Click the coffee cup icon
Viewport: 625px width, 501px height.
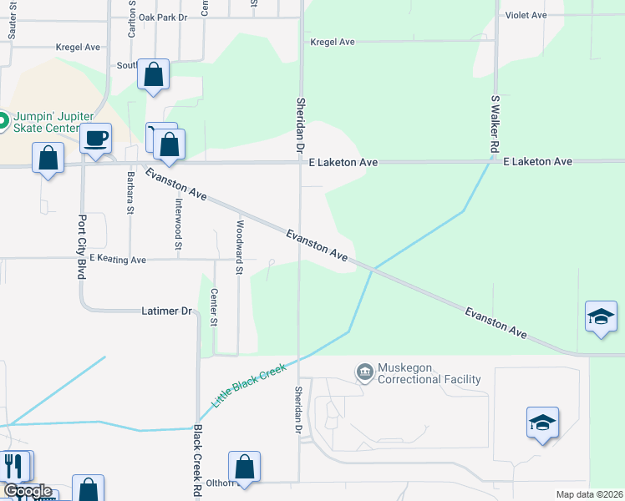[x=96, y=138]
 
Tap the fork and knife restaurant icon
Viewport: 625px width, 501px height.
[x=14, y=465]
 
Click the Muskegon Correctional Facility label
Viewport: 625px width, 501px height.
[x=429, y=373]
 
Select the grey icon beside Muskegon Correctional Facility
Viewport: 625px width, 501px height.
[x=364, y=372]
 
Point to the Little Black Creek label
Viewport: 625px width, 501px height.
[x=248, y=384]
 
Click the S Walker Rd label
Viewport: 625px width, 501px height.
[x=495, y=124]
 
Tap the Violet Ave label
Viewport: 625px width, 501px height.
[x=526, y=15]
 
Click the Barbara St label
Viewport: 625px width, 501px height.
[x=130, y=192]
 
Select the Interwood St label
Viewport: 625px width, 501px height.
[x=178, y=224]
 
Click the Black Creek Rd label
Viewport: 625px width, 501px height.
[x=198, y=462]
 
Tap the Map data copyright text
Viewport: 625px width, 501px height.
[x=588, y=494]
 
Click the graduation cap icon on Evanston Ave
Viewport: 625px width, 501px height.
[x=601, y=317]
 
